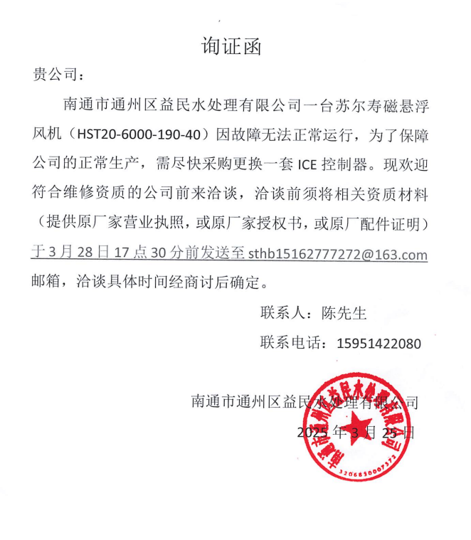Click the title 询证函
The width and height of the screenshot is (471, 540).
[x=231, y=47]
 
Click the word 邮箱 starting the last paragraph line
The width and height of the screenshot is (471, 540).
[x=50, y=282]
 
